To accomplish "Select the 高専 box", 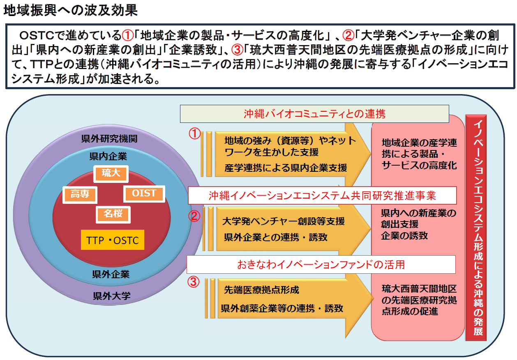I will point(80,194).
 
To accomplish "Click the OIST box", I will point(144,194).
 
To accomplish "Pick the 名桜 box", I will point(113,214).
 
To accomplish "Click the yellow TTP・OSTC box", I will point(113,240).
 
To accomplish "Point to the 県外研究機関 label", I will point(109,138).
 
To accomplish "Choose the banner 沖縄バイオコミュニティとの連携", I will point(314,114).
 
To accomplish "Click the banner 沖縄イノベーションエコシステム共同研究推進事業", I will point(322,196).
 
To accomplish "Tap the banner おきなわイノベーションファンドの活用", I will point(321,264).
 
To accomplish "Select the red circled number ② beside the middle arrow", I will point(194,216).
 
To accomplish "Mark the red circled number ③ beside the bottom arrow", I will point(194,282).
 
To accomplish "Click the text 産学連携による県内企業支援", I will point(286,168).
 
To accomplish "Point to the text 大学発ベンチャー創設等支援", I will point(283,221).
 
